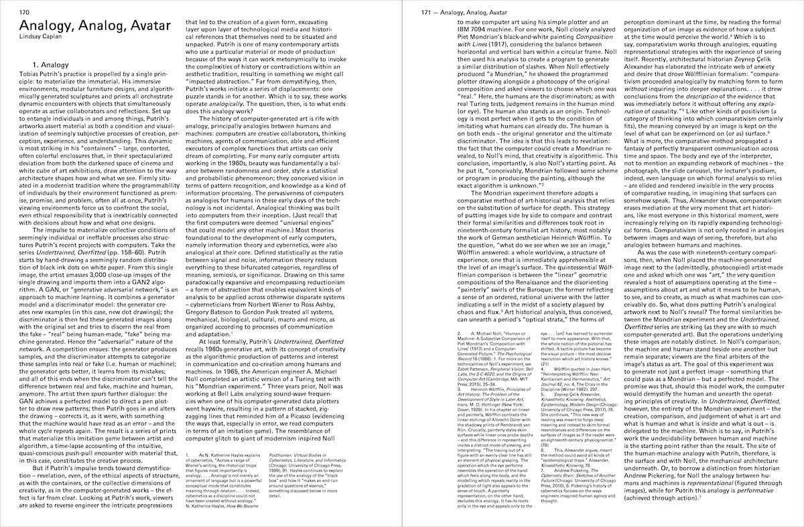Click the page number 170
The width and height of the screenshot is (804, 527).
tap(24, 12)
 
